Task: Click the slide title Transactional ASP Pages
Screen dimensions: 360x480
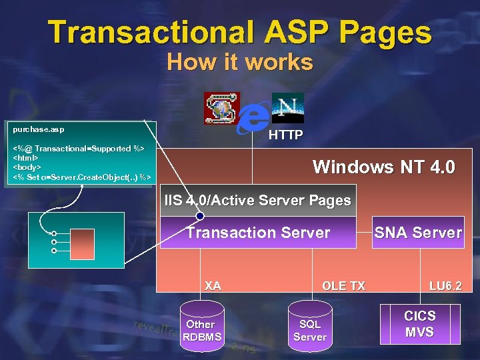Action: (x=240, y=31)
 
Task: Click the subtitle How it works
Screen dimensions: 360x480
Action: (x=240, y=62)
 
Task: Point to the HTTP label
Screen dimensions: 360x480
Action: (x=285, y=135)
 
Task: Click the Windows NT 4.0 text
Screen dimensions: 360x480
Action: (x=383, y=167)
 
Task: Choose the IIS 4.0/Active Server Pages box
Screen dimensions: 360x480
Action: (x=258, y=200)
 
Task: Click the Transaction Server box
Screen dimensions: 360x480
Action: (x=258, y=233)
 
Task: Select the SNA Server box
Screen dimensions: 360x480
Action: (x=418, y=233)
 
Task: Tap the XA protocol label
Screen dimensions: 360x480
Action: (x=213, y=286)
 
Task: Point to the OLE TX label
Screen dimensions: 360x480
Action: (x=343, y=286)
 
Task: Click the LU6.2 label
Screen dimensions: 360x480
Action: (x=445, y=286)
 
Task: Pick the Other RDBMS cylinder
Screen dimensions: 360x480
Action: (x=201, y=328)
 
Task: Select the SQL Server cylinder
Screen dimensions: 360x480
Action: (x=310, y=328)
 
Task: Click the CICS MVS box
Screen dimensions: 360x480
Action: (x=419, y=323)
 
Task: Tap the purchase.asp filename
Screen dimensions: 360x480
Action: (x=39, y=128)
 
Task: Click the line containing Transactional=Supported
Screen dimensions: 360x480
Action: (x=79, y=148)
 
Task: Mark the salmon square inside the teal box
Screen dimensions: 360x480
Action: (x=85, y=241)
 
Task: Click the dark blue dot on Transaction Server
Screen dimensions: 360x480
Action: (x=200, y=216)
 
